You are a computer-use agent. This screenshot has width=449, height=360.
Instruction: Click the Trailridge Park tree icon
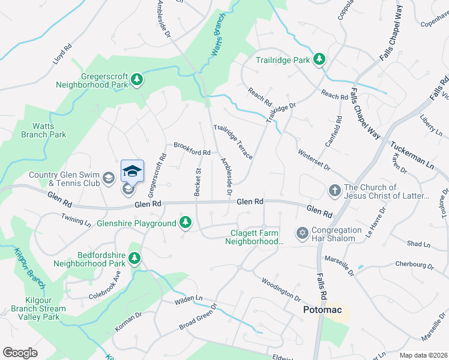pos(320,59)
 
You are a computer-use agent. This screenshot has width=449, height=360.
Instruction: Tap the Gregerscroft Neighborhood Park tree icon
pos(137,79)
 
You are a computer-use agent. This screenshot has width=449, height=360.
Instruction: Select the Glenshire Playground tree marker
pos(185,223)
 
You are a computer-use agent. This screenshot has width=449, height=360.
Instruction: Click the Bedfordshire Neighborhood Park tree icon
pos(134,258)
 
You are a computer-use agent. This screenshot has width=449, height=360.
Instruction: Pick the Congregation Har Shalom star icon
pos(303,232)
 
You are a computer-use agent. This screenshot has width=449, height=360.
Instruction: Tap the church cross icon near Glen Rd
pos(335,191)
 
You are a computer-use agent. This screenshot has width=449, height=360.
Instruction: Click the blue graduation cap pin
pos(132,172)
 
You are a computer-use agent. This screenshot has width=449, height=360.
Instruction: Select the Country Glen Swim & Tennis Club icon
pos(108,177)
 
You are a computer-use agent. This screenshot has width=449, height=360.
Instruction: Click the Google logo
pos(20,353)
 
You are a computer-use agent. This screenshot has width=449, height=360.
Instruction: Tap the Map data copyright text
pos(424,355)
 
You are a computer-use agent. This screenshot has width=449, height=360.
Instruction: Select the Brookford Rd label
pos(192,149)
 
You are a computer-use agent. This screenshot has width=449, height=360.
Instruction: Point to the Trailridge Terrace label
pos(233,142)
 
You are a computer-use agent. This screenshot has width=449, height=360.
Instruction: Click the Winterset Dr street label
pos(313,159)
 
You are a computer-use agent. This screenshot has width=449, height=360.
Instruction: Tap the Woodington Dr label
pos(280,288)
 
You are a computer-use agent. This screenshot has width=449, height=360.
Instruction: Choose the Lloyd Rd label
pos(62,53)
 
